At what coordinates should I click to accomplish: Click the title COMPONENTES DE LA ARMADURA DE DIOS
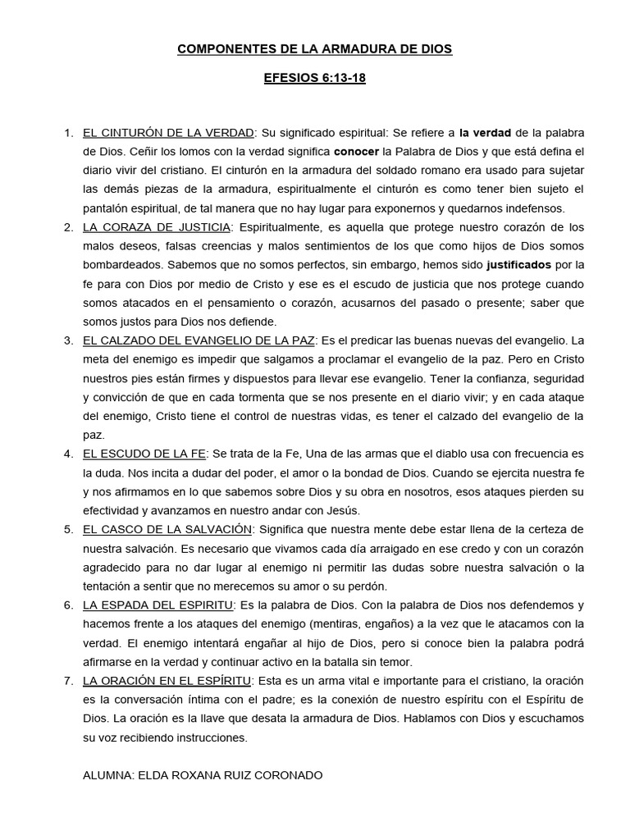(x=315, y=50)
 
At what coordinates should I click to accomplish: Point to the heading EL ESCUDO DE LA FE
(x=144, y=453)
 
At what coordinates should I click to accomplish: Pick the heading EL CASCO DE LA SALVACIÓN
(x=167, y=528)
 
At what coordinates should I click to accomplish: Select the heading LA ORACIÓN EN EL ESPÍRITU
(x=168, y=680)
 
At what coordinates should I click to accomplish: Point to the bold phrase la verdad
(x=486, y=132)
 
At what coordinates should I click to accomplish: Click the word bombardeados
(x=122, y=265)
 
